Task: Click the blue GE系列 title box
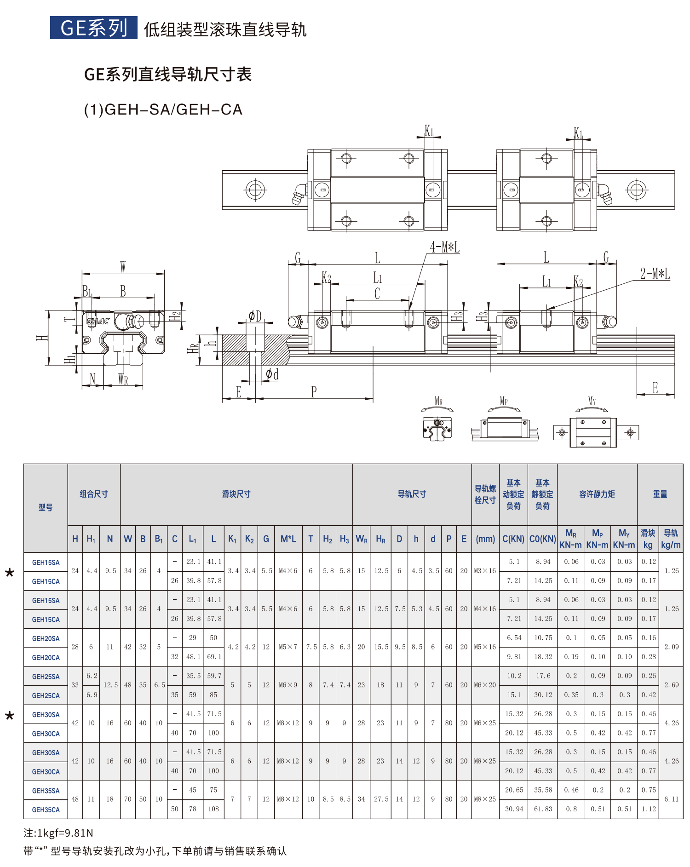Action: (93, 28)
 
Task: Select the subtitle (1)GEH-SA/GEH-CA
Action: (163, 109)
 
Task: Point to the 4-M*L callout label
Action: (444, 247)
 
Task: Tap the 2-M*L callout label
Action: (655, 274)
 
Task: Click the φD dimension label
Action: (255, 316)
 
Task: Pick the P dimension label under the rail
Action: (314, 392)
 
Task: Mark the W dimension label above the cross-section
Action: (123, 267)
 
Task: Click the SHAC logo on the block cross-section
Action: (98, 321)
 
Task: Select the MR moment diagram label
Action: (438, 401)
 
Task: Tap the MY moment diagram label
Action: (592, 401)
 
